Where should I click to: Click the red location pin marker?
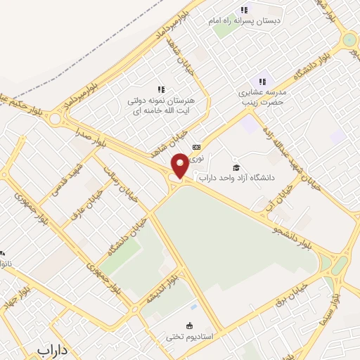180,166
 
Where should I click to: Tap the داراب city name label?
56,349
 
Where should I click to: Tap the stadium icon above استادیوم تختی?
188,325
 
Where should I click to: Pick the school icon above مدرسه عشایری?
263,82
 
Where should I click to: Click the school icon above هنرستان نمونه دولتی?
161,89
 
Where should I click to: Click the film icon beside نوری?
196,147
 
